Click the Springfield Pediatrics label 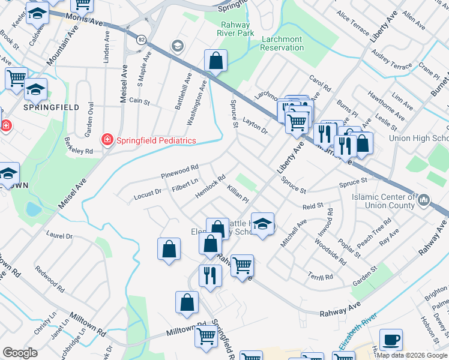[x=156, y=140]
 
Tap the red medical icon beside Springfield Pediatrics [x=107, y=140]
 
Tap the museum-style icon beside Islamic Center [x=424, y=199]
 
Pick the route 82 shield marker [x=141, y=40]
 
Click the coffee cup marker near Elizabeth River [x=391, y=340]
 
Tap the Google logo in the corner [x=20, y=353]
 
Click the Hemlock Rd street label [x=210, y=187]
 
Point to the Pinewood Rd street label [x=179, y=172]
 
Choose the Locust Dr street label [x=148, y=193]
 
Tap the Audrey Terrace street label [x=392, y=61]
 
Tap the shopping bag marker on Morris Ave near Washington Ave [x=215, y=61]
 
